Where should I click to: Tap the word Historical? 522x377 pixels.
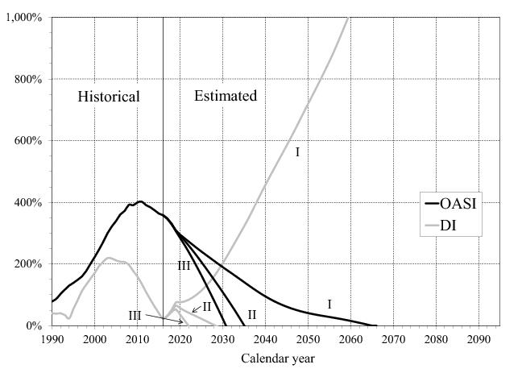109,97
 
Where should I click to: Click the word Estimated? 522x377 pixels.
226,96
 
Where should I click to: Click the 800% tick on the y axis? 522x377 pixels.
29,79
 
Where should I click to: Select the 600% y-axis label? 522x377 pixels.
29,141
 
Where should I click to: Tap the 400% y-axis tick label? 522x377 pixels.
29,202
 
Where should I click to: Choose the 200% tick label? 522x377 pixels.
29,264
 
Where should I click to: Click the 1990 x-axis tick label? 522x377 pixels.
52,338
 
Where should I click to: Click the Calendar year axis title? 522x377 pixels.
274,358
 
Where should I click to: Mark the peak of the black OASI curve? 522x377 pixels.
139,201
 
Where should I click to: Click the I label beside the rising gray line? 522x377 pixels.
297,151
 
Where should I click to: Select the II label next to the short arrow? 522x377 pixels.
206,306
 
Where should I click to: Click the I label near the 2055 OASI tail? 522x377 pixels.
329,304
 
